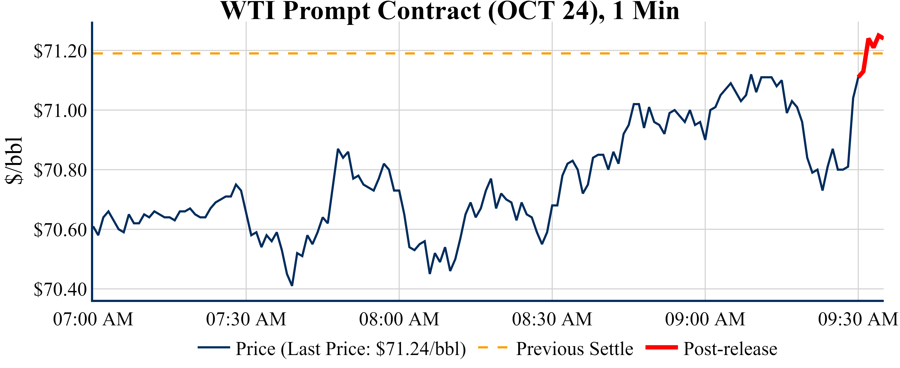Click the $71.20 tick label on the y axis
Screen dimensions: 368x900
click(60, 51)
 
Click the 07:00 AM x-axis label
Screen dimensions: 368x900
click(93, 319)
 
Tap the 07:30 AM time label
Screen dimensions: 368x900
click(246, 319)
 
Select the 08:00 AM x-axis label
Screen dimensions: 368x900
click(399, 319)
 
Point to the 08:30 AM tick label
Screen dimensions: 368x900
click(552, 319)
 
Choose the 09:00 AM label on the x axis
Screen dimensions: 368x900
click(705, 319)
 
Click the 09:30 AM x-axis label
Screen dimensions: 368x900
click(858, 319)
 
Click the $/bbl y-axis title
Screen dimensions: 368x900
click(14, 160)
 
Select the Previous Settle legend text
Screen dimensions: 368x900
click(575, 349)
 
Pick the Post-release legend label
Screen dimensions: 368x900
click(730, 349)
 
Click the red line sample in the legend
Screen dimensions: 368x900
click(661, 347)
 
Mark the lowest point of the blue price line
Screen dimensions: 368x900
click(292, 286)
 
